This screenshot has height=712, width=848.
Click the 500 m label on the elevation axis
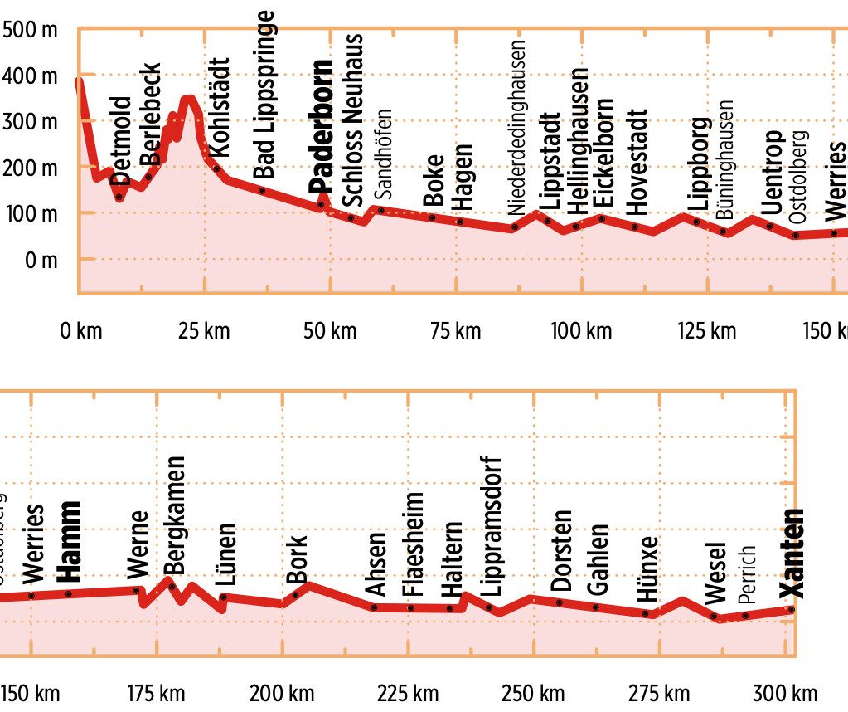point(30,31)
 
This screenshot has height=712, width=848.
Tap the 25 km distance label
point(205,331)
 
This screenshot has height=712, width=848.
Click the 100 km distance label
point(581,331)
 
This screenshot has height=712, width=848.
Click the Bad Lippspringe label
point(264,95)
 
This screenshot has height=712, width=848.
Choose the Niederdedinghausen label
point(518,128)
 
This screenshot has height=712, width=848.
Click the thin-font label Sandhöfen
point(384,154)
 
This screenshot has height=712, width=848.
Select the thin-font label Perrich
point(746,573)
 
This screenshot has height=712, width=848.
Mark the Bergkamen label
point(175,514)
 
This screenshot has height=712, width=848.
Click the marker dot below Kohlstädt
point(217,168)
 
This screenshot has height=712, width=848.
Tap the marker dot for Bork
point(295,595)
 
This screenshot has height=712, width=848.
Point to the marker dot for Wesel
point(714,616)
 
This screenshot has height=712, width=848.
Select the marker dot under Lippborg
point(696,222)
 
